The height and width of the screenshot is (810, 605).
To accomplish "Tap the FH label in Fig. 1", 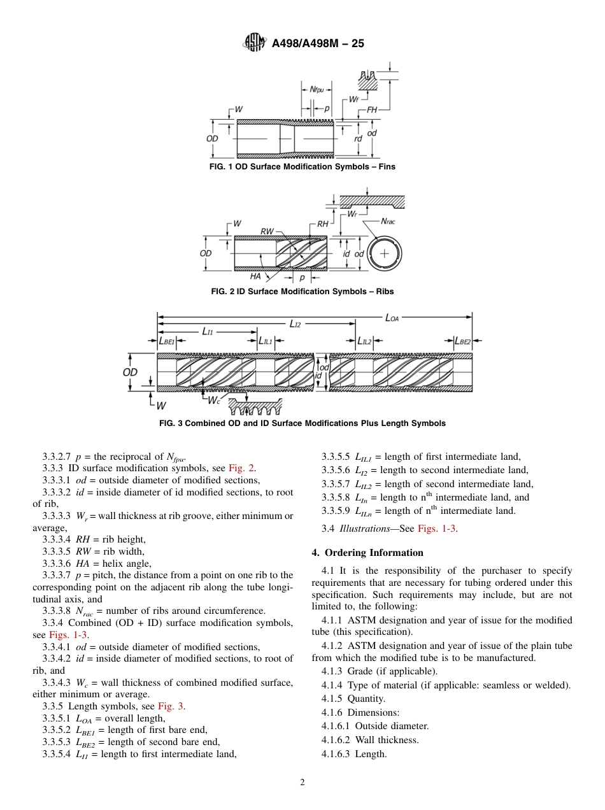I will coord(372,110).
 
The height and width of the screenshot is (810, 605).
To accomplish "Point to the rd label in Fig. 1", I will coord(358,138).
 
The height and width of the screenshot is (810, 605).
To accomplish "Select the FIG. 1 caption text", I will coord(302,167).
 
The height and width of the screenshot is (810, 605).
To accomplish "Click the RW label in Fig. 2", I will coord(267,231).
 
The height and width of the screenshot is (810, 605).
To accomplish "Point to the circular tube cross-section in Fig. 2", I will coord(384,253).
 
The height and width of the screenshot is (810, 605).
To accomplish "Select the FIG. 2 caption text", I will coord(302,292).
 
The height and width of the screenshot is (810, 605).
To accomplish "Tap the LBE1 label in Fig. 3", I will coord(166,341).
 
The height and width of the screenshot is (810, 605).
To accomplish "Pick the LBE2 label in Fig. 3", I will coord(463,341).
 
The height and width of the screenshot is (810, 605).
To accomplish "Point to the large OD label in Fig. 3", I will coord(130,373).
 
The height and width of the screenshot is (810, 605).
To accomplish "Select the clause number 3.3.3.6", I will coord(57,563).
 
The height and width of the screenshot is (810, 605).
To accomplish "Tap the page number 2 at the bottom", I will coord(302,783).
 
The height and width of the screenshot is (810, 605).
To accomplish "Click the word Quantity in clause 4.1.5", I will coord(366,699).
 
